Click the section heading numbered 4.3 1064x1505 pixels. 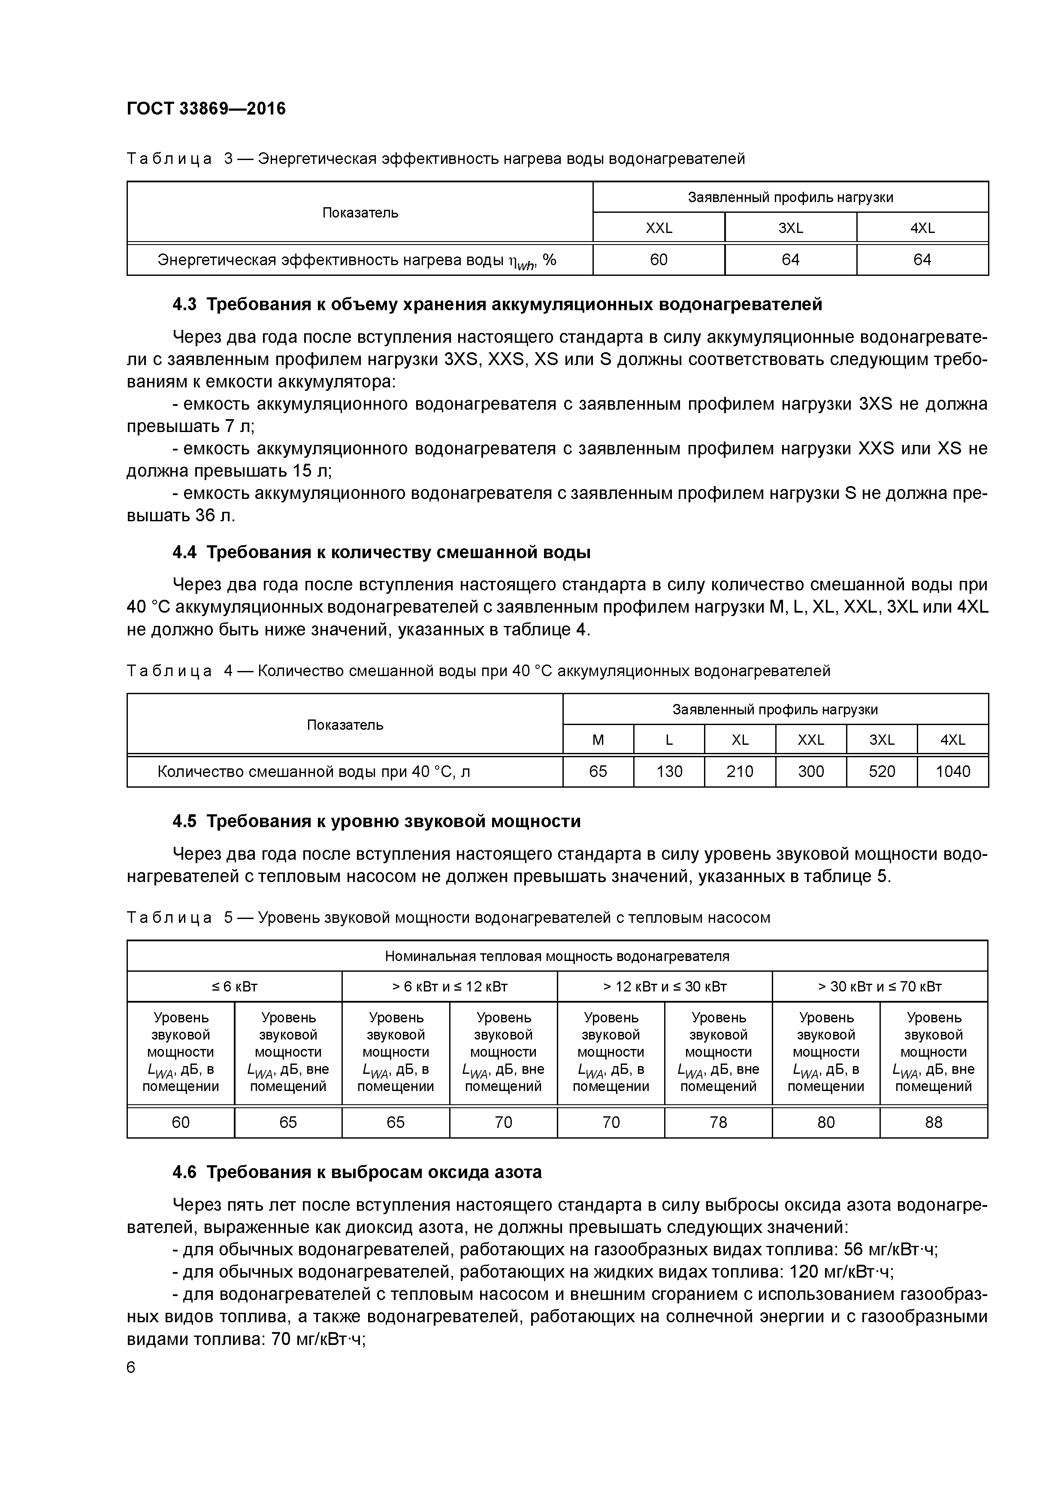496,304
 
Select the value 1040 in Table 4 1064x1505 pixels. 952,771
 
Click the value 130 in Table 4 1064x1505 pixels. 669,771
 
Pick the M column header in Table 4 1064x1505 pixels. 598,740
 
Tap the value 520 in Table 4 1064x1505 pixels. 881,771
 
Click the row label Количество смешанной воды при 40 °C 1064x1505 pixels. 313,771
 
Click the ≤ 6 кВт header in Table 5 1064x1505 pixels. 234,986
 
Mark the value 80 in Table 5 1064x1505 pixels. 825,1122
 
